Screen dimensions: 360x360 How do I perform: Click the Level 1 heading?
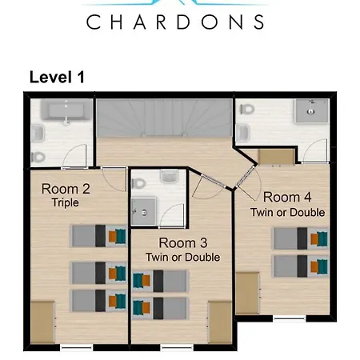point(57,77)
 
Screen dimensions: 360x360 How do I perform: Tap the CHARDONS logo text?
point(175,22)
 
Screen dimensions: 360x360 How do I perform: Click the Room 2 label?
point(66,189)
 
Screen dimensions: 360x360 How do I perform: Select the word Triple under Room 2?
point(66,202)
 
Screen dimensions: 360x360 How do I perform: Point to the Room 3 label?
point(183,243)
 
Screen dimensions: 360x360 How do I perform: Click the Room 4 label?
point(287,197)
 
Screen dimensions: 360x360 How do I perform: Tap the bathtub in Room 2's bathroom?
point(66,110)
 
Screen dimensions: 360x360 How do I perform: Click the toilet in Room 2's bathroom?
point(38,157)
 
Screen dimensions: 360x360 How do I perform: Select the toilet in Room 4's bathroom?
point(247,109)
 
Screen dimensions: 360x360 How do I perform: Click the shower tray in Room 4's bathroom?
point(311,111)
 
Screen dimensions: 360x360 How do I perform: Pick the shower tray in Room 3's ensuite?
point(143,211)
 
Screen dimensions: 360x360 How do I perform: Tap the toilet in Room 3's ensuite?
point(138,183)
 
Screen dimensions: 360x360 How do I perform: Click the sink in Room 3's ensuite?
point(169,177)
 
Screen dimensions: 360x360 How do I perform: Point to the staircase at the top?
point(164,118)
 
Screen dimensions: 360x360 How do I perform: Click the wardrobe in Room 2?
point(42,322)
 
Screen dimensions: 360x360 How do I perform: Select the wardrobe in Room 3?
point(220,322)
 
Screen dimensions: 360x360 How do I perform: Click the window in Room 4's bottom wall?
point(290,318)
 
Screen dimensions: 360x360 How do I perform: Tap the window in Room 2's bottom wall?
point(76,347)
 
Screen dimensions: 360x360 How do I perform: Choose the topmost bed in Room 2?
point(98,236)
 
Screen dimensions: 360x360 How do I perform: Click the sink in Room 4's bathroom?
point(243,133)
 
